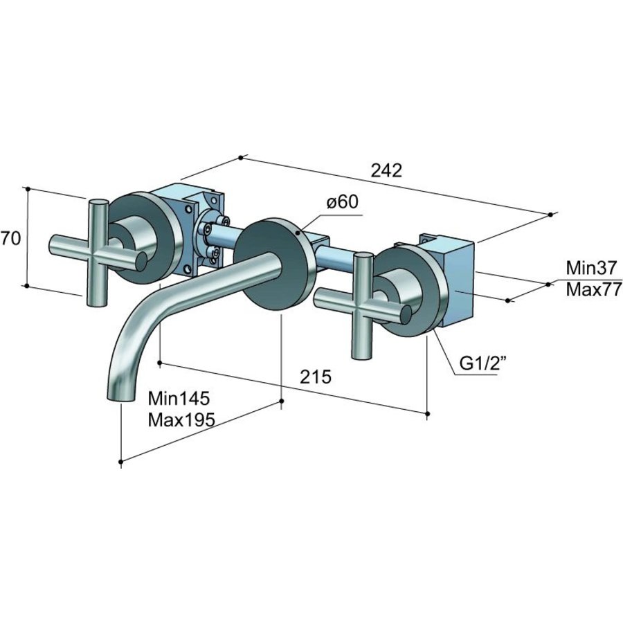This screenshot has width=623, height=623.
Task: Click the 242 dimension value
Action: tap(386, 170)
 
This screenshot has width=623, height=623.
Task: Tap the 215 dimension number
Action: tap(316, 377)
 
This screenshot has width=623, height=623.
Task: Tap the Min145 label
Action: tap(179, 398)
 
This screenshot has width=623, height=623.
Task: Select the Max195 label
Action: tap(181, 419)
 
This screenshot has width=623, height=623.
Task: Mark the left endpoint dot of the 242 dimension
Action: tap(240, 158)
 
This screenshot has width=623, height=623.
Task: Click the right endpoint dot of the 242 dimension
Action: tap(550, 215)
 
